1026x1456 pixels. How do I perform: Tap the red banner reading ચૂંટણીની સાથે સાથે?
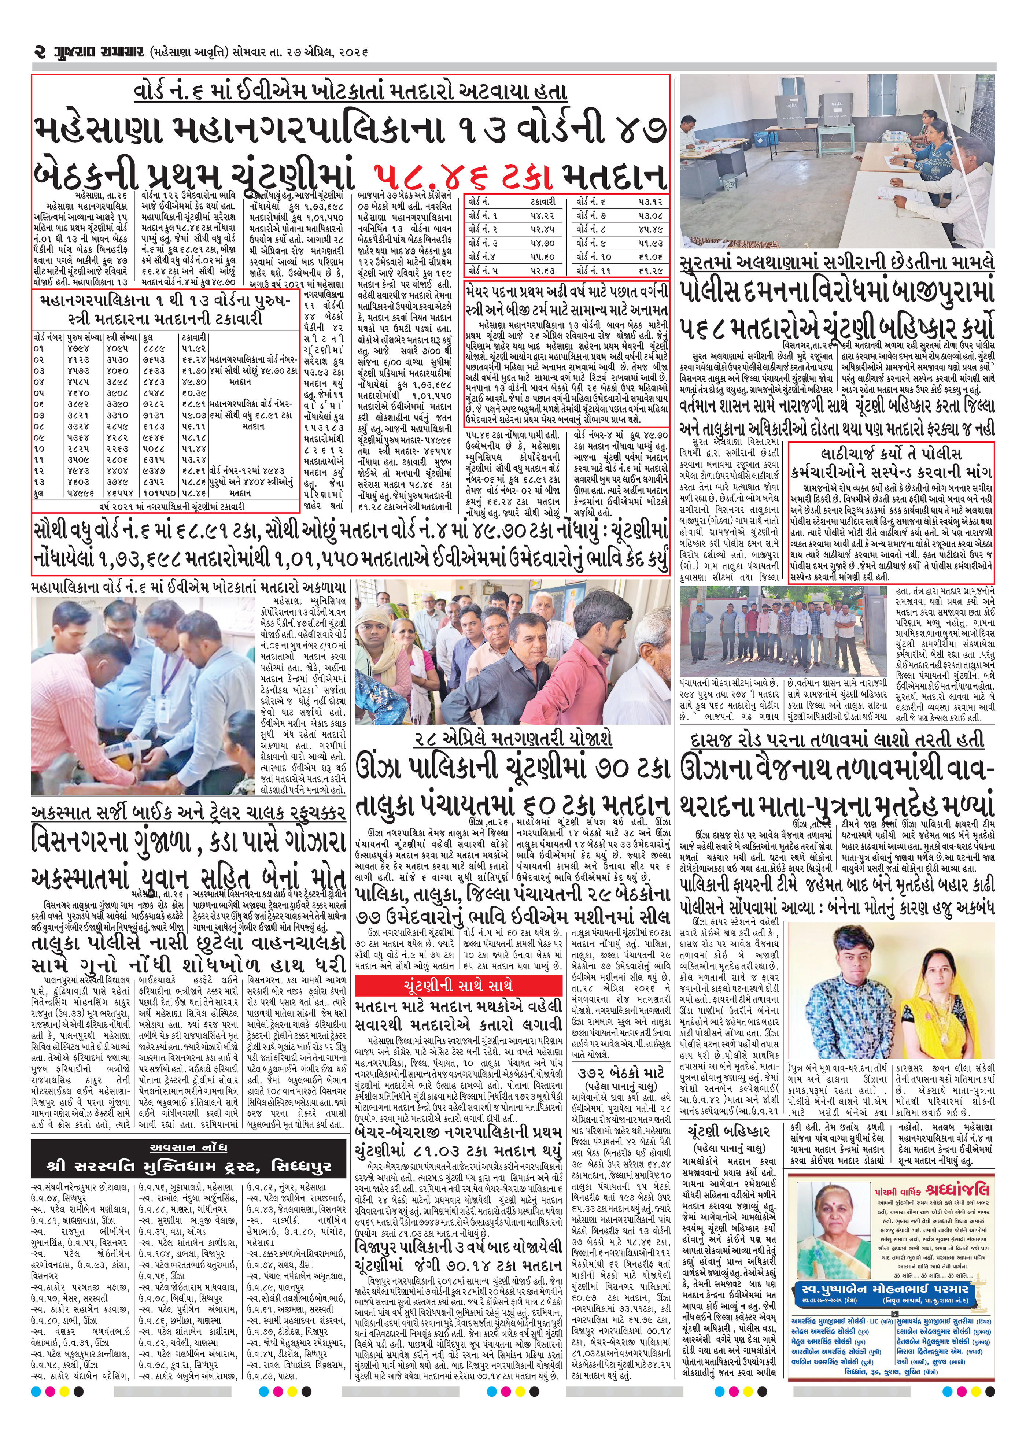[x=458, y=986]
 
